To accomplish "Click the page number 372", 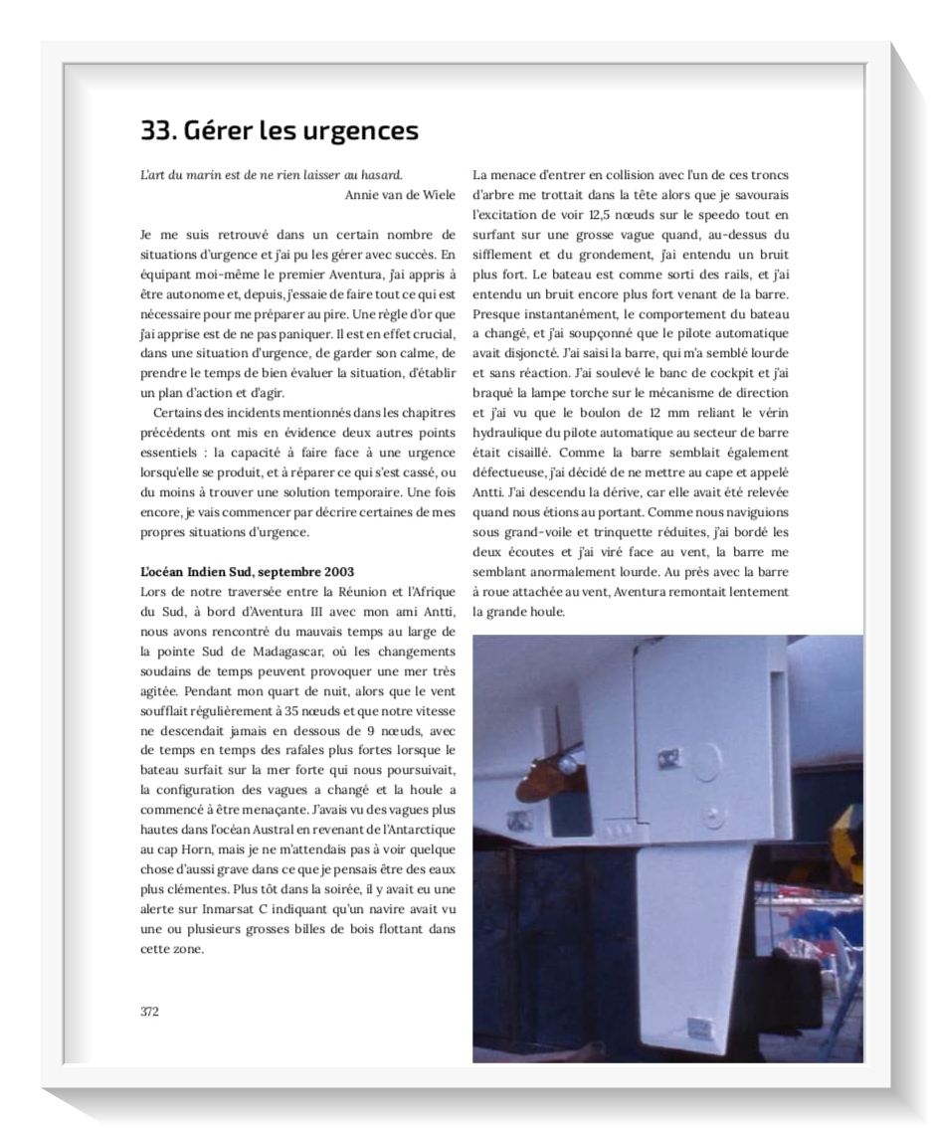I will [149, 1011].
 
